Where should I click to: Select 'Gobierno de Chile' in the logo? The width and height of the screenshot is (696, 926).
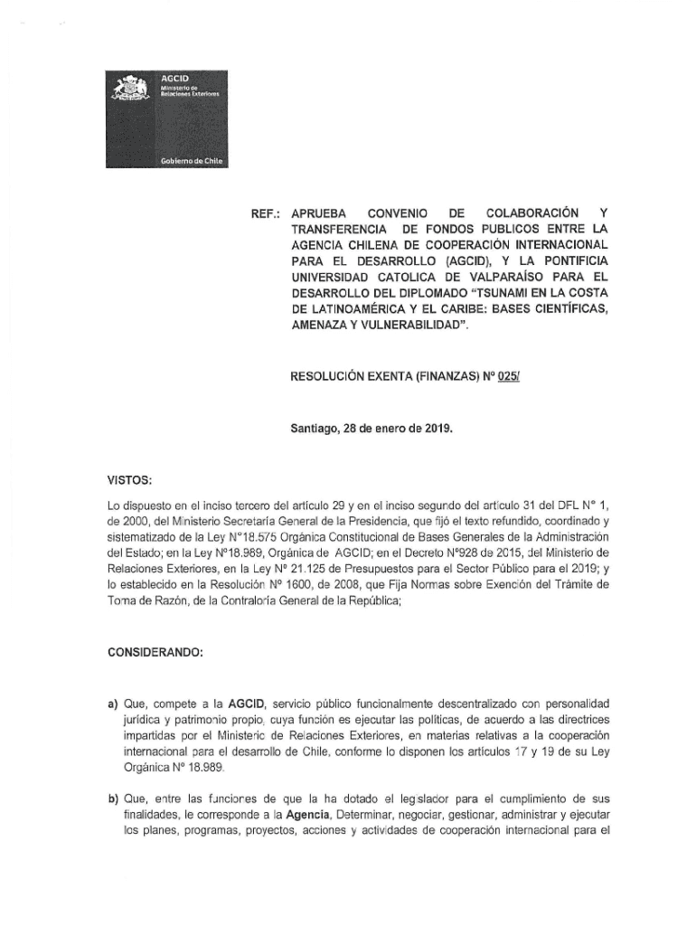(191, 160)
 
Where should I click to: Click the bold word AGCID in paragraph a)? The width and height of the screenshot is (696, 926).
(246, 703)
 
